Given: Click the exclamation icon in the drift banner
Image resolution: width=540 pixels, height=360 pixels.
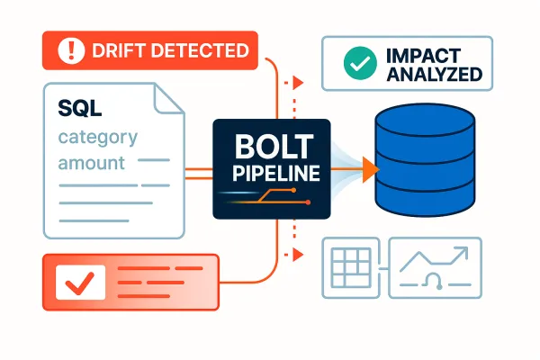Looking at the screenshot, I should point(69,50).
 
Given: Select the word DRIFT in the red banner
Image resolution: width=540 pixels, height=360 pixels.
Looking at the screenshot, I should point(120,50).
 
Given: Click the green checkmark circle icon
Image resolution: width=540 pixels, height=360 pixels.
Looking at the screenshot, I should point(356,63).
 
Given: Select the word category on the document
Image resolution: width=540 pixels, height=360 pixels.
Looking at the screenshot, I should point(97,138).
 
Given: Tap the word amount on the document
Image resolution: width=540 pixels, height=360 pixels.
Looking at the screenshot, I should point(91,165).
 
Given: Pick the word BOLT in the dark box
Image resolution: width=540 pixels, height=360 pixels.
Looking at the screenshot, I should point(270,145).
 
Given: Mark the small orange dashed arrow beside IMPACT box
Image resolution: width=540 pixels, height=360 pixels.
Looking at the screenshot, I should point(295,82).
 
